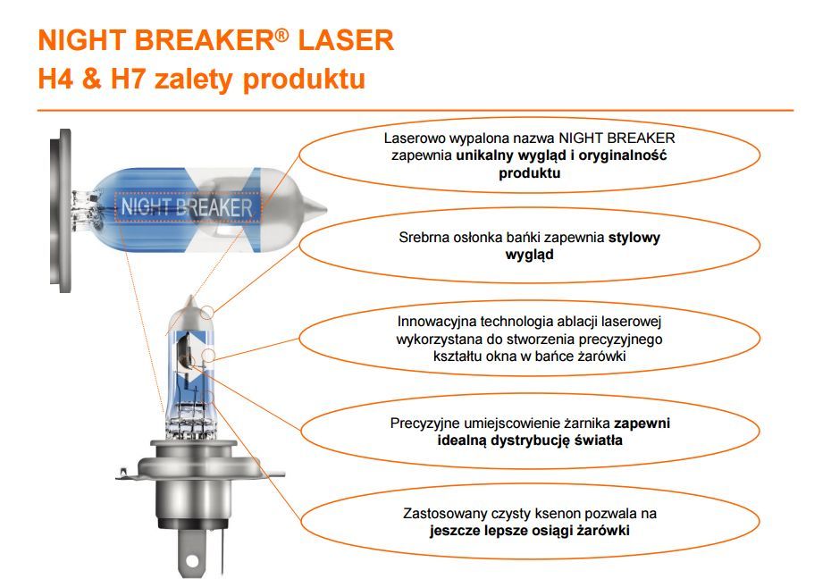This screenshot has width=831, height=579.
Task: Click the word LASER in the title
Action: pos(346,40)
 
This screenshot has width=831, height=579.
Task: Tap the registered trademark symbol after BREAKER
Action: pos(282,35)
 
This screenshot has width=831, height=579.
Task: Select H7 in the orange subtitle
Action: pos(127,79)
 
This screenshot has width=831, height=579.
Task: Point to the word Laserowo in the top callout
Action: pos(415,138)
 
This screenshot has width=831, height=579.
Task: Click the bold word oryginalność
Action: pos(622,155)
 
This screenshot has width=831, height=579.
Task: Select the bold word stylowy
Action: pos(634,238)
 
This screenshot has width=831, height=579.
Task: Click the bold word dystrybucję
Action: pos(530,441)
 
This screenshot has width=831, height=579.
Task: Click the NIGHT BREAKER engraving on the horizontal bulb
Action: pos(187,207)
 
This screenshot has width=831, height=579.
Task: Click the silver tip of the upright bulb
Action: pos(189,306)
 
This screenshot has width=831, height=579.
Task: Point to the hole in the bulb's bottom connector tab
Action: pos(192,560)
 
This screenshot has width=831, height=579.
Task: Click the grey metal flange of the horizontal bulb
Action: pos(61,211)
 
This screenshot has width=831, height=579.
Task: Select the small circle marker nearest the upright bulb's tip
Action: pos(206,313)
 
